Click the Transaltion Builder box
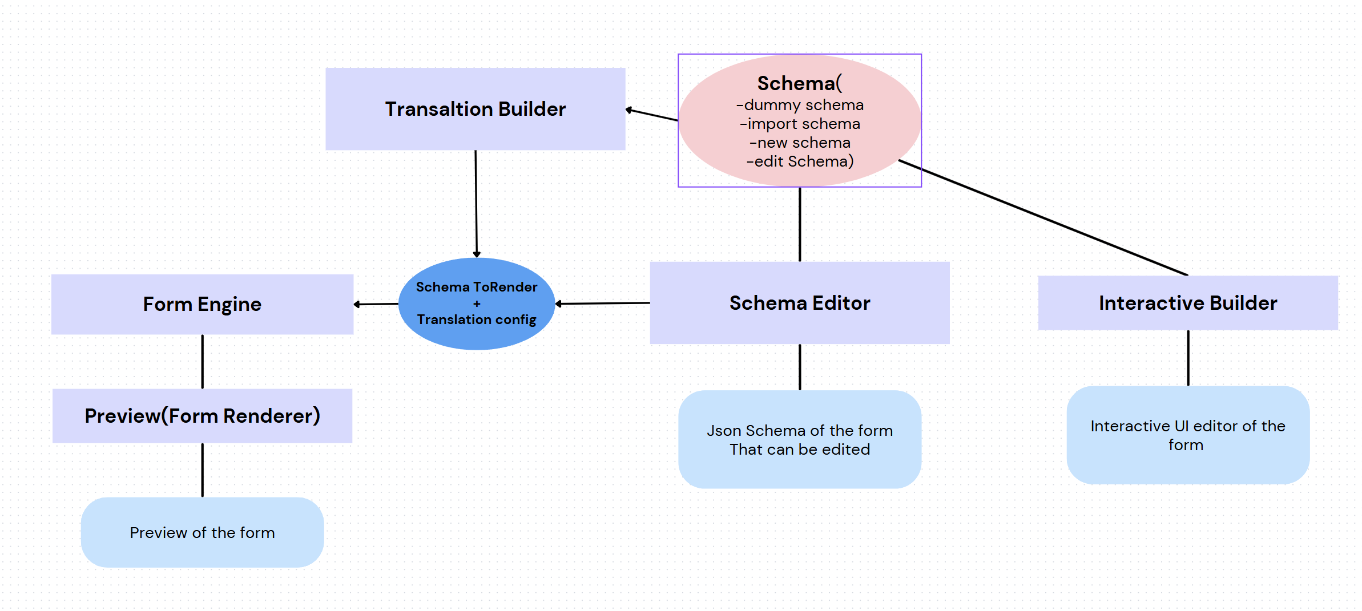point(475,109)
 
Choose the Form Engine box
point(202,304)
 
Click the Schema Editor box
point(799,303)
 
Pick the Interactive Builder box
point(1187,303)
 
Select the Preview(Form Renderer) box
point(202,416)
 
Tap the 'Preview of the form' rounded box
point(202,532)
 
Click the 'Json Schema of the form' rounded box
point(799,439)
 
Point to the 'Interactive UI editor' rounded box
point(1187,435)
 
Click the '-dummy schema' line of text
point(800,105)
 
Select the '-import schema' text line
point(800,124)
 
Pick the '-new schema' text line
point(800,143)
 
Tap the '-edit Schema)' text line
point(800,161)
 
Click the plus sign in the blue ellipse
point(477,304)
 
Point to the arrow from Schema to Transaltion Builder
point(652,115)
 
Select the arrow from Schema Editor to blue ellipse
point(603,304)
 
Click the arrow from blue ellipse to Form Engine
point(376,304)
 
